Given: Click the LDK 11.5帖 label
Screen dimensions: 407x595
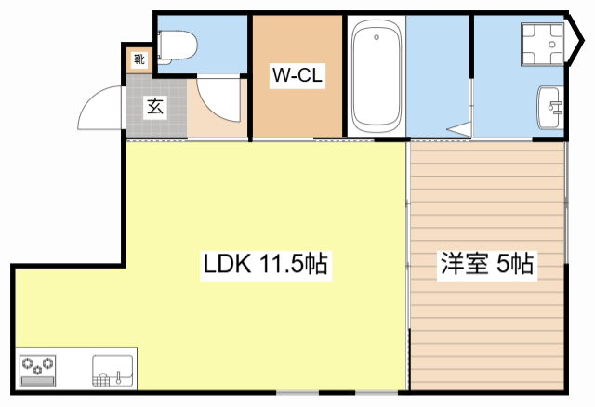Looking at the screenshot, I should tap(264, 265).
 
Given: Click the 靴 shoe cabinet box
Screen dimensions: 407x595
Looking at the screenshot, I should tap(139, 61).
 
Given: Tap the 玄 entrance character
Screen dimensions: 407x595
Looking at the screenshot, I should tap(153, 106).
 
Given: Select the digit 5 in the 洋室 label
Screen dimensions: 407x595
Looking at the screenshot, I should tap(503, 265).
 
